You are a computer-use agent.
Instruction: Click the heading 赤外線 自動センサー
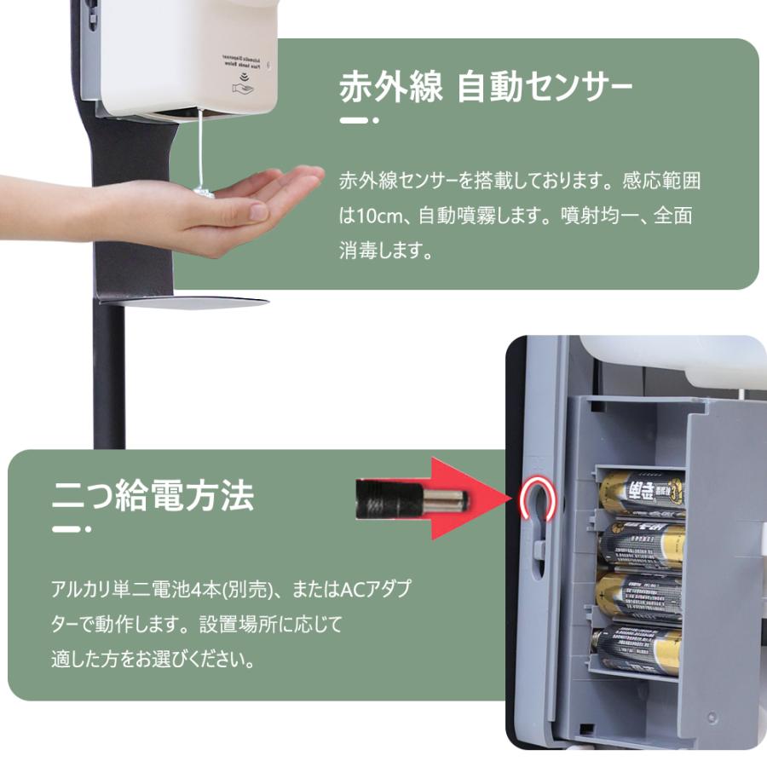(486, 89)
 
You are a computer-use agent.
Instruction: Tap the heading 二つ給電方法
(153, 495)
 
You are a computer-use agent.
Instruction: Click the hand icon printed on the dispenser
(242, 86)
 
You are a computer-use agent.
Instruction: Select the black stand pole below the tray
(108, 375)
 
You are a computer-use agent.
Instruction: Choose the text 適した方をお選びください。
(153, 660)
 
